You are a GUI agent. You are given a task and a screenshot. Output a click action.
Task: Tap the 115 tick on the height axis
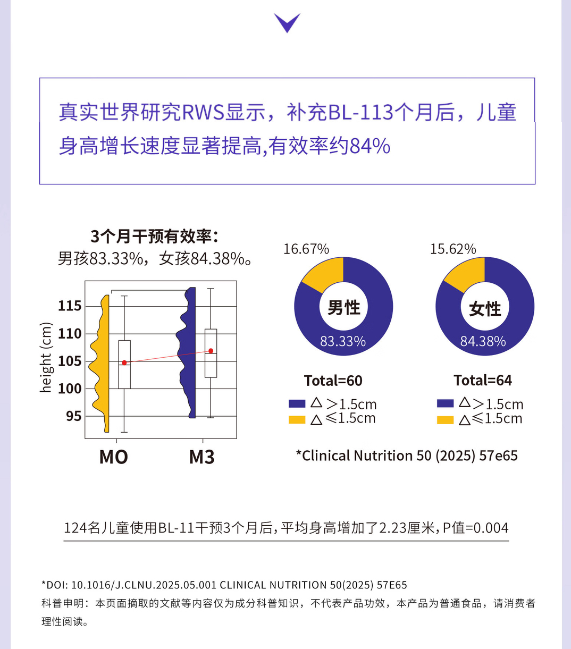(70, 306)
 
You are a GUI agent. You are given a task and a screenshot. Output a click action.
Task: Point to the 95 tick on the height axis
(74, 416)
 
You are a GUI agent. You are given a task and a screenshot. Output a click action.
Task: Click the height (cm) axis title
(46, 358)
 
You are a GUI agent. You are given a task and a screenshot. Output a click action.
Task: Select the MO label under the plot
(113, 457)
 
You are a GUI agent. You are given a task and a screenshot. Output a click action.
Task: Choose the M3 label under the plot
(201, 457)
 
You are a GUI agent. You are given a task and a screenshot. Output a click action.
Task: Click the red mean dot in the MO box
(124, 363)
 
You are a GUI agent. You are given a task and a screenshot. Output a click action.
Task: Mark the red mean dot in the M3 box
(211, 351)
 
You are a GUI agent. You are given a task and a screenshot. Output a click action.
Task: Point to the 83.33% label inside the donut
(343, 341)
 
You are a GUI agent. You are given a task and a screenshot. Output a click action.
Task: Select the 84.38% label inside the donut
(483, 341)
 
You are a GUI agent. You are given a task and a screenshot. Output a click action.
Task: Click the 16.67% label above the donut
(306, 249)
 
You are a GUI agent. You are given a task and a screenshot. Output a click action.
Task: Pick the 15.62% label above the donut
(453, 249)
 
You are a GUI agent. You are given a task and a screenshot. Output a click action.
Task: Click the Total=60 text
(333, 381)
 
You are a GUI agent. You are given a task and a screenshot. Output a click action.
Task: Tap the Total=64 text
(483, 381)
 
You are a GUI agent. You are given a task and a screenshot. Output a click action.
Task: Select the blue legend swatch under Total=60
(297, 404)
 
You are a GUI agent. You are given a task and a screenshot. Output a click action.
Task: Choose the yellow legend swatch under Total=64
(445, 420)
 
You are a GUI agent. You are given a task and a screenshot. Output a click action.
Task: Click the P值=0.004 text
(476, 528)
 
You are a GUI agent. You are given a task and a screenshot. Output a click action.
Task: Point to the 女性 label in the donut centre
(485, 308)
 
